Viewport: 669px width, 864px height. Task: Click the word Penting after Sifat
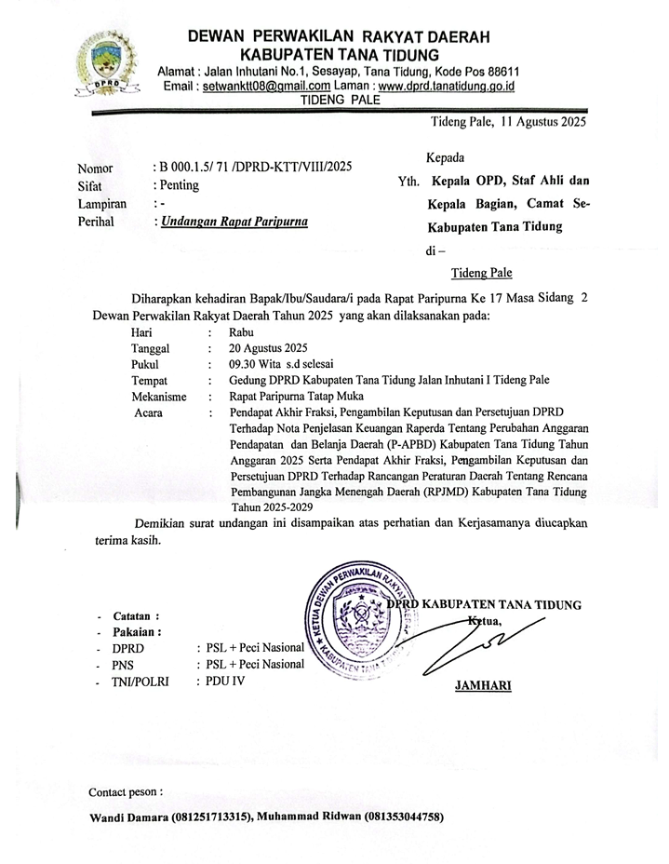[x=179, y=185]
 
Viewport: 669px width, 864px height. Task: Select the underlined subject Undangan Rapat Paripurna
[x=234, y=222]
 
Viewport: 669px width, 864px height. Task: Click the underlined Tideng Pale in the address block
[x=481, y=273]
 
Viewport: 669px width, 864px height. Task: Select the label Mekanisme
[x=159, y=397]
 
